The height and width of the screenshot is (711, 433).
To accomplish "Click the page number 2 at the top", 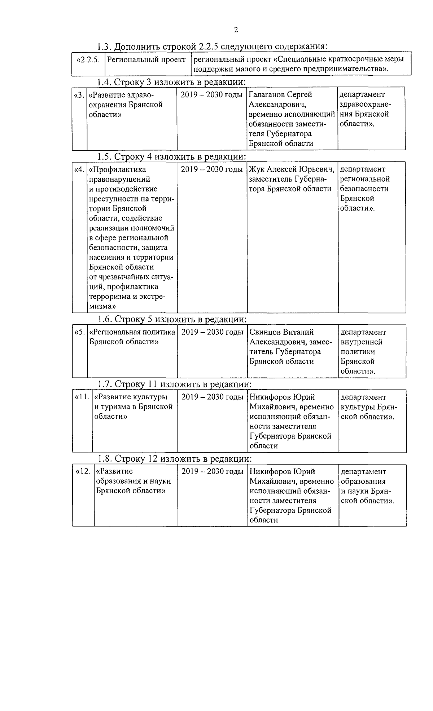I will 236,30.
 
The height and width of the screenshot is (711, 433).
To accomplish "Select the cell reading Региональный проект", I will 146,60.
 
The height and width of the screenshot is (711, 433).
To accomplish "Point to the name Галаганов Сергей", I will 280,94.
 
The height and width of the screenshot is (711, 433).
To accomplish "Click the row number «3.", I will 79,95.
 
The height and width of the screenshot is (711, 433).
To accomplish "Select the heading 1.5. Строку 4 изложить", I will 172,157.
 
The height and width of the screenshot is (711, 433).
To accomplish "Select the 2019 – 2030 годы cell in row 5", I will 212,332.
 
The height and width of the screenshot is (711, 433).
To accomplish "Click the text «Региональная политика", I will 132,332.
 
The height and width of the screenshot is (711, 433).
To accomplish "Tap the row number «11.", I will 82,397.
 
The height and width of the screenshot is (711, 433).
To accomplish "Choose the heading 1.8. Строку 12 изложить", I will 174,459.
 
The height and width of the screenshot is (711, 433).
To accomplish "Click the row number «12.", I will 83,471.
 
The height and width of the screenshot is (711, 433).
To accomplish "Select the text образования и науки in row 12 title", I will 133,481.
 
